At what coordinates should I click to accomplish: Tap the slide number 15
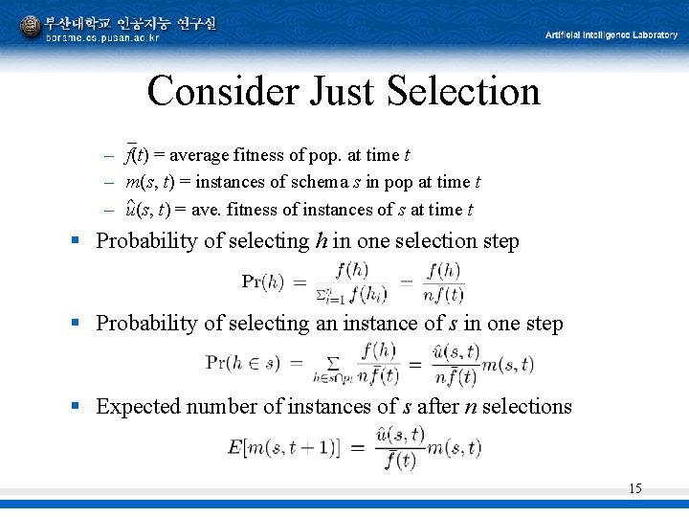pos(634,489)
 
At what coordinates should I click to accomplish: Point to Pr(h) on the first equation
pos(263,281)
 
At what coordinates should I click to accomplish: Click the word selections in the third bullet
pos(526,406)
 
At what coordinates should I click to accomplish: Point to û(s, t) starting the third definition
pos(145,209)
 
